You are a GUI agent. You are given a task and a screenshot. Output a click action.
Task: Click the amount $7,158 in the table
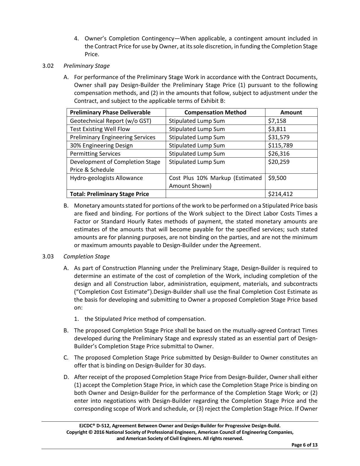[277, 121]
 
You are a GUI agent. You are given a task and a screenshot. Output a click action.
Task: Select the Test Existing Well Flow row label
[100, 129]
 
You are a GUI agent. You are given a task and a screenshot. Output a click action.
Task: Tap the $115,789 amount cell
[280, 145]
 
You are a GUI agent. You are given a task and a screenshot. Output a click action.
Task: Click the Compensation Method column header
[215, 112]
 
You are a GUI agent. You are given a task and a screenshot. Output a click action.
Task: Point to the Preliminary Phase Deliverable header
[110, 112]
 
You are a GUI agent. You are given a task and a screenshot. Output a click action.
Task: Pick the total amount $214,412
[280, 194]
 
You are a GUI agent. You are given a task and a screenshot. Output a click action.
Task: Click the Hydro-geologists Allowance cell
[106, 178]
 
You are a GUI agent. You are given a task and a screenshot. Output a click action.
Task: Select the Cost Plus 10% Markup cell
[215, 182]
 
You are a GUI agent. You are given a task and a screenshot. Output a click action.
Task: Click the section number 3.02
[48, 66]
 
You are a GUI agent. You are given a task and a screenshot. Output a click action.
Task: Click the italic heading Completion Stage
[86, 256]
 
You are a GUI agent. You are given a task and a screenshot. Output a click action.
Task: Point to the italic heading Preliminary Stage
[86, 66]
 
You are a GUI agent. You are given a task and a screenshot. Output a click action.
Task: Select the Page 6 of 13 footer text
[304, 445]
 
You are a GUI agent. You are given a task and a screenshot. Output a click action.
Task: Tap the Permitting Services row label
[95, 154]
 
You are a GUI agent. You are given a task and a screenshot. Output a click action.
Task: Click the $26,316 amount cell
[279, 154]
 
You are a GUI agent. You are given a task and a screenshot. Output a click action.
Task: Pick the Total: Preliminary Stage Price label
[109, 194]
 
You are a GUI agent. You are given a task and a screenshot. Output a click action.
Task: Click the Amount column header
[291, 112]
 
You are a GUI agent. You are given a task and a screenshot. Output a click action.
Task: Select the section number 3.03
[48, 256]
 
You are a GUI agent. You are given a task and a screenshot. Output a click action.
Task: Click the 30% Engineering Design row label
[101, 145]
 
